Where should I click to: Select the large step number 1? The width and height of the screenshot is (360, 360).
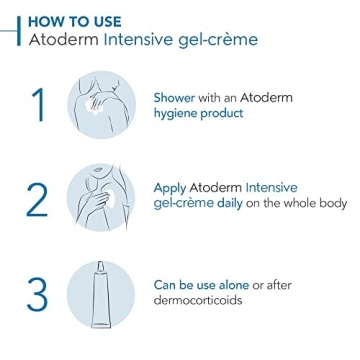click(37, 105)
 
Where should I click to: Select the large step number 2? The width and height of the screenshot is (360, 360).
click(37, 199)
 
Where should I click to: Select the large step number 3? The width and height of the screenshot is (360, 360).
click(37, 293)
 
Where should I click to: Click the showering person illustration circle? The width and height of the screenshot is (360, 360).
click(107, 105)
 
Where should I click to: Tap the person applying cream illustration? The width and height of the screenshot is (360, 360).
click(107, 199)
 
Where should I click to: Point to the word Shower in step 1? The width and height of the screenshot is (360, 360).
click(175, 98)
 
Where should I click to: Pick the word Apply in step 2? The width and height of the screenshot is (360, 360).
click(171, 186)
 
